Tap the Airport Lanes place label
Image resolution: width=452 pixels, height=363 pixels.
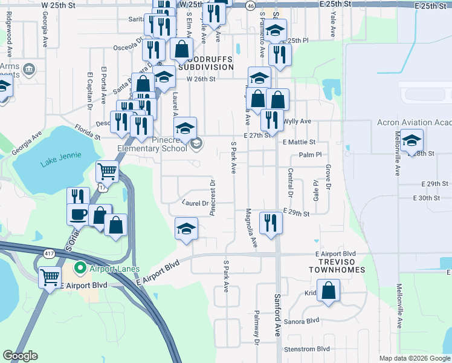pos(114,269)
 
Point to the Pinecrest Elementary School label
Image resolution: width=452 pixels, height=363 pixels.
pos(161,144)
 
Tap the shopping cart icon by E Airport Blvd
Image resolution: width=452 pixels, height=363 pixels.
pos(50,277)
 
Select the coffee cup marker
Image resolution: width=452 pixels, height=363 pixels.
pos(78,214)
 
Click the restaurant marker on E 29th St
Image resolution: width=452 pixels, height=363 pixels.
pos(270,223)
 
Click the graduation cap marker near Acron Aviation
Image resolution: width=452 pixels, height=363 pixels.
pos(412,141)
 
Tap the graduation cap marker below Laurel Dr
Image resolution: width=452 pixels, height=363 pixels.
pos(186,229)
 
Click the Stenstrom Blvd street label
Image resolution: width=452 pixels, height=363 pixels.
pos(307,348)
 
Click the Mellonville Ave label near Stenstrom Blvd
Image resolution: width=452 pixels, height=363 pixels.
pos(399,306)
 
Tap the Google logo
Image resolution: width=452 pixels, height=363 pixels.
pos(20,356)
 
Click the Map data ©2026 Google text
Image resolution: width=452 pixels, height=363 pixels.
pos(415,358)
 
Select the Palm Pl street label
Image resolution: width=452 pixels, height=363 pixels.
pos(309,155)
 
